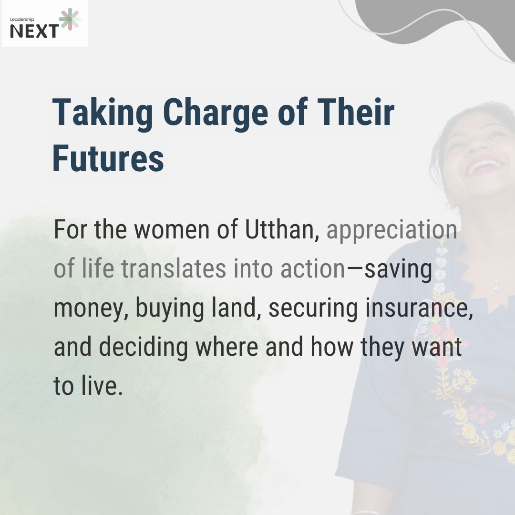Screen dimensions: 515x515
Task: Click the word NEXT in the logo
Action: click(x=34, y=31)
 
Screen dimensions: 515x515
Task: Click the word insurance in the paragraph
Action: click(x=419, y=309)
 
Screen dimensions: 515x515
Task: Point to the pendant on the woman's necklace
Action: click(x=495, y=286)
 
